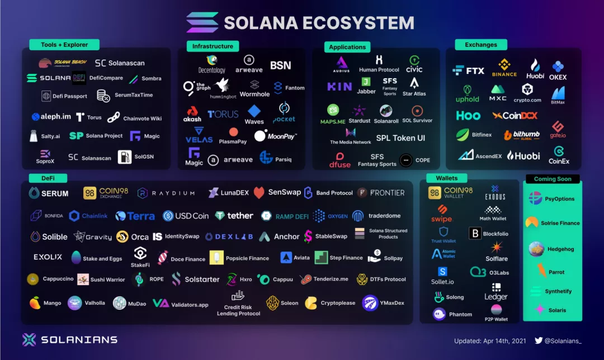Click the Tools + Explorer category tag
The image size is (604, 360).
pyautogui.click(x=64, y=45)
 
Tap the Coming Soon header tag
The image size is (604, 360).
pyautogui.click(x=553, y=179)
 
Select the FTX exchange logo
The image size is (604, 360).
pyautogui.click(x=469, y=70)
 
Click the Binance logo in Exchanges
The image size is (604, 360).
pyautogui.click(x=504, y=68)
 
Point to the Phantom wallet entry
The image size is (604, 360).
pyautogui.click(x=453, y=314)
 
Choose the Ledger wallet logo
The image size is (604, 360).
pyautogui.click(x=496, y=292)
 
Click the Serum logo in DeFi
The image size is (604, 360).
pyautogui.click(x=49, y=193)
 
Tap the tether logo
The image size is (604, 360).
pyautogui.click(x=234, y=216)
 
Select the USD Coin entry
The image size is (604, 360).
pyautogui.click(x=186, y=216)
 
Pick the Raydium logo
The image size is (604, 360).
pyautogui.click(x=166, y=193)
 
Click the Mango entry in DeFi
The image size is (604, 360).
pyautogui.click(x=45, y=303)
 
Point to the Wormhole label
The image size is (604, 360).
pyautogui.click(x=254, y=89)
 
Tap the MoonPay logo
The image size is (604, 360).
pyautogui.click(x=275, y=136)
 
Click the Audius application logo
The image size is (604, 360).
pyautogui.click(x=342, y=64)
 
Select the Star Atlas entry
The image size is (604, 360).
pyautogui.click(x=414, y=87)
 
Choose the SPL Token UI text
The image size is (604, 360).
pyautogui.click(x=400, y=138)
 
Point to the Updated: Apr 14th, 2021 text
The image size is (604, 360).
pyautogui.click(x=490, y=340)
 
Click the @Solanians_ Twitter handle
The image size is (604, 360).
pyautogui.click(x=563, y=340)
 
